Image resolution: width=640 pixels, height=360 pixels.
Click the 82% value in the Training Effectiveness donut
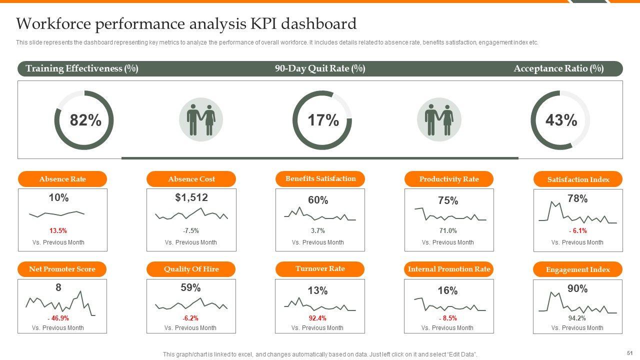85,120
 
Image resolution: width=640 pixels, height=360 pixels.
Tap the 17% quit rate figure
323,120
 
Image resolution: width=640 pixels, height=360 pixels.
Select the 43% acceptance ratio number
561,120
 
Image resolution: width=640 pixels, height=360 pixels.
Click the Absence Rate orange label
62,179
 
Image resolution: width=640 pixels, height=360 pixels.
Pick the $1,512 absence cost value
191,197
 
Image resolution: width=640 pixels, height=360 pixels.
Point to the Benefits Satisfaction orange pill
320,178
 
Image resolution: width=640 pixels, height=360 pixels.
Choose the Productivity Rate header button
449,179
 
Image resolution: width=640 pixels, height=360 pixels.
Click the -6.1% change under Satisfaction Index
577,231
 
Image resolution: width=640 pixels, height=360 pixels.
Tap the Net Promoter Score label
62,269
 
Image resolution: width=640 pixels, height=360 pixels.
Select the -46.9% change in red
58,318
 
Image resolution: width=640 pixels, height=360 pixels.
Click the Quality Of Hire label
191,269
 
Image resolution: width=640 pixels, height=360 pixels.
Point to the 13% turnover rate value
317,290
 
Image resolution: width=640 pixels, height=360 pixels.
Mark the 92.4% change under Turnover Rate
317,318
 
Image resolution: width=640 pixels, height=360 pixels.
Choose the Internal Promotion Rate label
448,269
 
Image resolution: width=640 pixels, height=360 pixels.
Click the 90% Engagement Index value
577,288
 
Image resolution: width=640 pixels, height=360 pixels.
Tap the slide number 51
629,352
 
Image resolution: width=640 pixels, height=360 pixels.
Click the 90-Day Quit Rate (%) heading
320,68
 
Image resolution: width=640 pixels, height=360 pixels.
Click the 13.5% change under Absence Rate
58,231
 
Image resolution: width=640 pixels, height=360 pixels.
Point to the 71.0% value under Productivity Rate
447,231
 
